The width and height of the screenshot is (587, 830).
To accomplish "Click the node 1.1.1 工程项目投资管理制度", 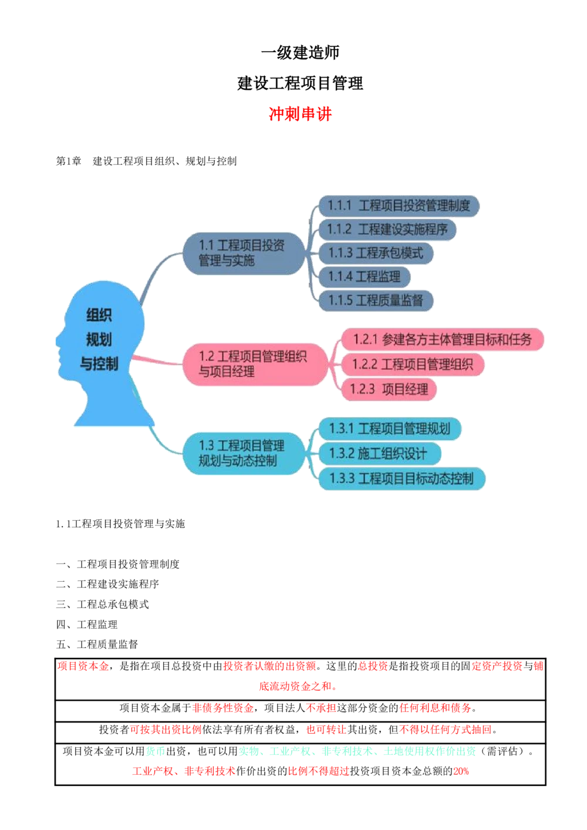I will click(x=399, y=206).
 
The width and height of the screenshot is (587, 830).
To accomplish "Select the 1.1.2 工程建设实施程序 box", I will click(x=387, y=230).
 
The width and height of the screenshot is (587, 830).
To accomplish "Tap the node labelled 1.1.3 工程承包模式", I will click(x=376, y=253).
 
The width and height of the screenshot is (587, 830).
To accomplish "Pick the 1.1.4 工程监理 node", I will click(x=364, y=276).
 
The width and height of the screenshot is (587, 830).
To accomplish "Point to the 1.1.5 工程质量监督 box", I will click(x=376, y=301).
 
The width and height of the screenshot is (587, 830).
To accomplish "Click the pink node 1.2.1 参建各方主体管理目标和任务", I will click(x=442, y=339).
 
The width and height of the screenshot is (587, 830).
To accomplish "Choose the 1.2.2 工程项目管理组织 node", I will click(x=412, y=365).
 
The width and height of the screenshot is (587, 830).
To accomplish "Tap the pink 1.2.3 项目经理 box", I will click(x=389, y=389).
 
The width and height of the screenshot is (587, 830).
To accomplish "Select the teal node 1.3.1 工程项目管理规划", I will click(x=389, y=429).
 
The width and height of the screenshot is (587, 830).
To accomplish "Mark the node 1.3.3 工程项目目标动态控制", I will click(x=401, y=478).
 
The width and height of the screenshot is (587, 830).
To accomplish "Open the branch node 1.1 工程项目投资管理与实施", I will click(x=242, y=253).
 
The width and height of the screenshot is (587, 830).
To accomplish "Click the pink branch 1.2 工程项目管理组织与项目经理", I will click(x=254, y=365).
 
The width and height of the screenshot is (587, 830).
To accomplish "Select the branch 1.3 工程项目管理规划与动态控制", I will click(x=242, y=453).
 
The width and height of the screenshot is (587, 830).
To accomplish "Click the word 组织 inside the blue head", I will click(x=99, y=315).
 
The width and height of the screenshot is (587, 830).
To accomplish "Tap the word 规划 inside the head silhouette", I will click(x=99, y=339).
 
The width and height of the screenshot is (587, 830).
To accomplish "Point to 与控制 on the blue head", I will click(x=99, y=364).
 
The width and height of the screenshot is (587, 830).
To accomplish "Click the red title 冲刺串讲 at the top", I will click(x=300, y=113).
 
